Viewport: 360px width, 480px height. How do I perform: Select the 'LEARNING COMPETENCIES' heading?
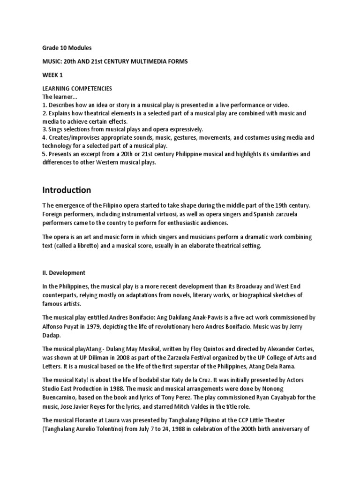coord(77,89)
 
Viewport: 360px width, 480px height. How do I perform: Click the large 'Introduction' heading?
coord(67,190)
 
